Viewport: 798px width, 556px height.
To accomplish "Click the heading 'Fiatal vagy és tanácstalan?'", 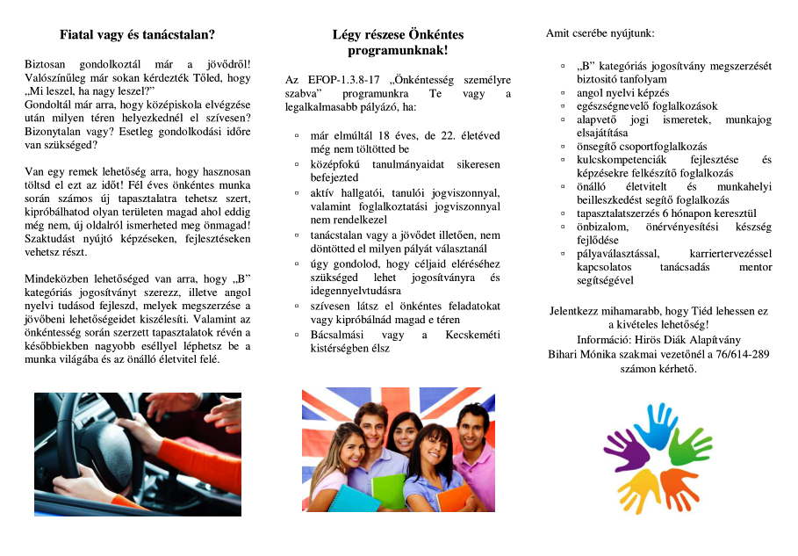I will (x=137, y=36).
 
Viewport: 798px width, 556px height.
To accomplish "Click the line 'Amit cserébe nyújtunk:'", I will (x=600, y=33).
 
